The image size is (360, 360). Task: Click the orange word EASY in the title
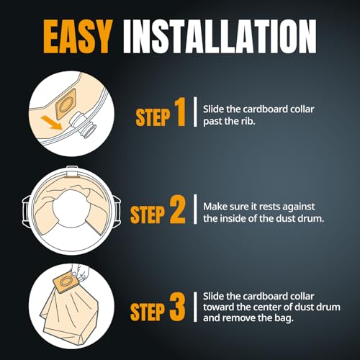click(78, 37)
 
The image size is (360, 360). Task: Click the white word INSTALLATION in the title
click(220, 37)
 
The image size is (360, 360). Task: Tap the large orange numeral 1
click(180, 112)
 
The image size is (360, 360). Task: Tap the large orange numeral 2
click(178, 210)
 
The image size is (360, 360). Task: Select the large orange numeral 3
click(178, 307)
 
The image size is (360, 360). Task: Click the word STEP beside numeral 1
click(153, 117)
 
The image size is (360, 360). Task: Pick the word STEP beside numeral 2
click(148, 215)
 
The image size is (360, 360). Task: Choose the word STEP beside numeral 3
click(148, 312)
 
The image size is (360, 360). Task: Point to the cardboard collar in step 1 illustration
click(66, 104)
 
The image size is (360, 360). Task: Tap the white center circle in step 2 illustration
click(71, 208)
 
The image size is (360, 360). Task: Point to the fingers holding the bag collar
click(79, 272)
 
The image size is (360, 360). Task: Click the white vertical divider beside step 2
click(195, 210)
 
